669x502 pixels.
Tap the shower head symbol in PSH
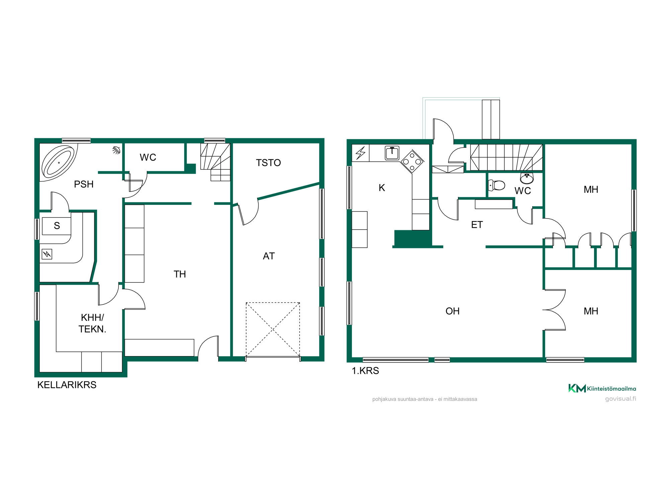click(116, 150)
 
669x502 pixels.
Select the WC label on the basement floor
click(148, 157)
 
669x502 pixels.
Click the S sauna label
click(57, 226)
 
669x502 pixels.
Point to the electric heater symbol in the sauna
click(47, 254)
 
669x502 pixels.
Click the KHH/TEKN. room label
click(92, 323)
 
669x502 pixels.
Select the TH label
click(180, 274)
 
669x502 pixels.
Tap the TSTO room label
click(268, 163)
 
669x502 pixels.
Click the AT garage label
click(269, 256)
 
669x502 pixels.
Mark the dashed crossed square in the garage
click(273, 330)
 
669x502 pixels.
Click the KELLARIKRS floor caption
click(67, 385)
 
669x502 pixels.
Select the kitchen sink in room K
click(392, 153)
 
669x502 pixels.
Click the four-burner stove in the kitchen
click(412, 161)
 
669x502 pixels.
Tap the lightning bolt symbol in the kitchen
click(361, 153)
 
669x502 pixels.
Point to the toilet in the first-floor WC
click(496, 185)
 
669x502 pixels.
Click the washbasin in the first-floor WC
click(527, 178)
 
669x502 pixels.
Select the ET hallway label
click(477, 225)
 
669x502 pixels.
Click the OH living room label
click(453, 311)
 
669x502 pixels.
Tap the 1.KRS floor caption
click(365, 371)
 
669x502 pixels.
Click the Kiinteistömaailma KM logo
click(602, 388)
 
